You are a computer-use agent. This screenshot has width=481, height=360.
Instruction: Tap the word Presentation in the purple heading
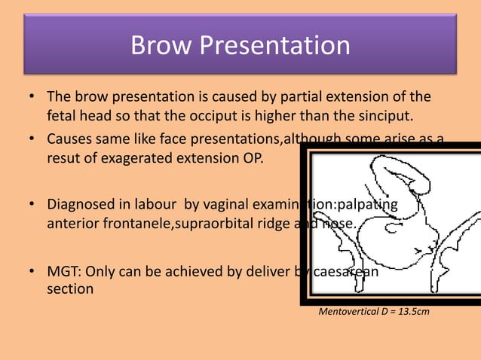pyautogui.click(x=277, y=46)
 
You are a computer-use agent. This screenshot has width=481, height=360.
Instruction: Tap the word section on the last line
pyautogui.click(x=70, y=288)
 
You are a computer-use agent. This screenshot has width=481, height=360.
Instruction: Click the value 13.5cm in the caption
pyautogui.click(x=413, y=309)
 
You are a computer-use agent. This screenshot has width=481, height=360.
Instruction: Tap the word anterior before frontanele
pyautogui.click(x=72, y=224)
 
